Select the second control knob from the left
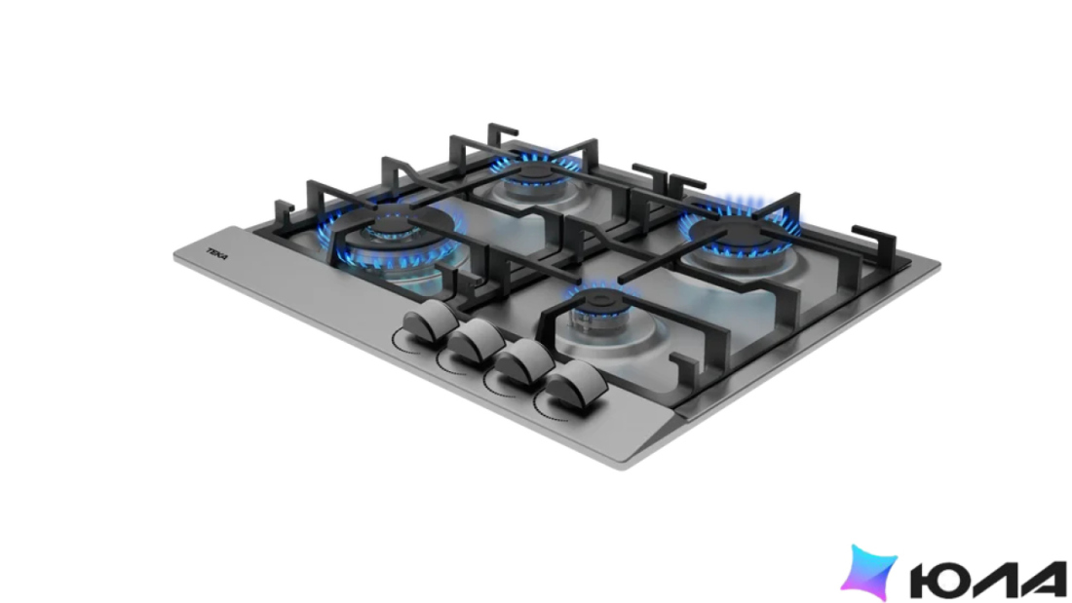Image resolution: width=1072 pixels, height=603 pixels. [477, 340]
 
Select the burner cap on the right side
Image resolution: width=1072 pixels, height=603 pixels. [742, 236]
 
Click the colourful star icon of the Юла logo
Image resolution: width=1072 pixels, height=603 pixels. [868, 572]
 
